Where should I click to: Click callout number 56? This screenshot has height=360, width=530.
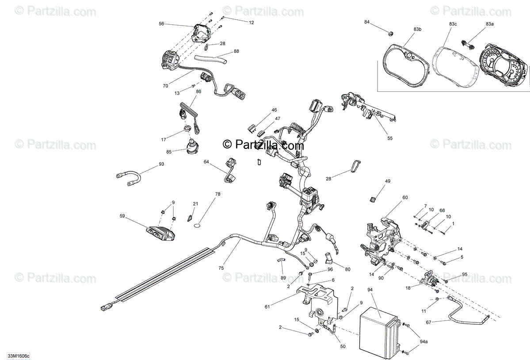(161, 25)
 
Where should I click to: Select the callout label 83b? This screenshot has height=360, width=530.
(417, 29)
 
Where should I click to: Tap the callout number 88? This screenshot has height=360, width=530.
(236, 51)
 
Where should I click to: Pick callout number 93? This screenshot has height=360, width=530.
(161, 164)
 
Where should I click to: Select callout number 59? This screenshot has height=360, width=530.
(122, 216)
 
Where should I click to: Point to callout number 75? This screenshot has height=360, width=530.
(221, 268)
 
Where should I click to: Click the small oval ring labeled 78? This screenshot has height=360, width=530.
(198, 227)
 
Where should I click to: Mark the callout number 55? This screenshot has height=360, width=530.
(389, 138)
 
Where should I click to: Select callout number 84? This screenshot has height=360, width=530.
(367, 22)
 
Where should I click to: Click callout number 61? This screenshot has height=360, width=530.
(267, 306)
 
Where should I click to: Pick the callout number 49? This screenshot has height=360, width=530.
(388, 181)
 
